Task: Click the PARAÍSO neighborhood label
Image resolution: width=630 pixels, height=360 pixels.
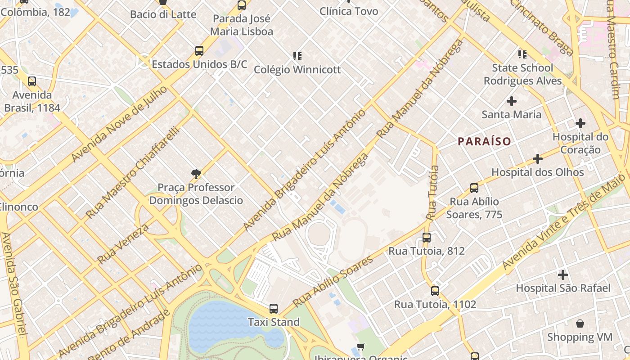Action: pos(484,142)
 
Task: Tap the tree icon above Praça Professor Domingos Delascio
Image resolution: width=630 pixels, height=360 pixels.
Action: pos(196,174)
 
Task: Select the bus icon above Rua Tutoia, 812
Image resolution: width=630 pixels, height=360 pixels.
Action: pos(426,237)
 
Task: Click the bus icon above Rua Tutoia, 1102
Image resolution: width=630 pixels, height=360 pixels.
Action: pos(435,291)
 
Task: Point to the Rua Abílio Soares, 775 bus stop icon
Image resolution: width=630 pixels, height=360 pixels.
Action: pos(474,188)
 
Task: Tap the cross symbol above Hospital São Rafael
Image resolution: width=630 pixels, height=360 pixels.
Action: pos(562,274)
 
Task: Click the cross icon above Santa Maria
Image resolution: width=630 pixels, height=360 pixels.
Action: pos(511,101)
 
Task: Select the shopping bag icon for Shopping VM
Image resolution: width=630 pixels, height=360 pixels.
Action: pos(580,324)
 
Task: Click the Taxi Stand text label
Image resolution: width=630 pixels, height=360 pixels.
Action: pos(274,322)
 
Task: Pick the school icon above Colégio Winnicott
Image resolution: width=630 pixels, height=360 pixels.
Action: pos(297,56)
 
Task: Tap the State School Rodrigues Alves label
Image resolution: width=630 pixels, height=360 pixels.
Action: pos(522,74)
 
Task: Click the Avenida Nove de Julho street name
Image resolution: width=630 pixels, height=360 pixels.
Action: pos(119,124)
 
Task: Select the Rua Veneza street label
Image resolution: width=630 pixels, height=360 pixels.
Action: pos(122,244)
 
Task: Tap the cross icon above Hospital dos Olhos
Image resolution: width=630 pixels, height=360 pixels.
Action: pos(537,159)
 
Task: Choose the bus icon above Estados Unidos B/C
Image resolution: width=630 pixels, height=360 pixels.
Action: pos(199,50)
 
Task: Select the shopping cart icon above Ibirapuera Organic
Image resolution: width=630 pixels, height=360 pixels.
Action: pos(360,347)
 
